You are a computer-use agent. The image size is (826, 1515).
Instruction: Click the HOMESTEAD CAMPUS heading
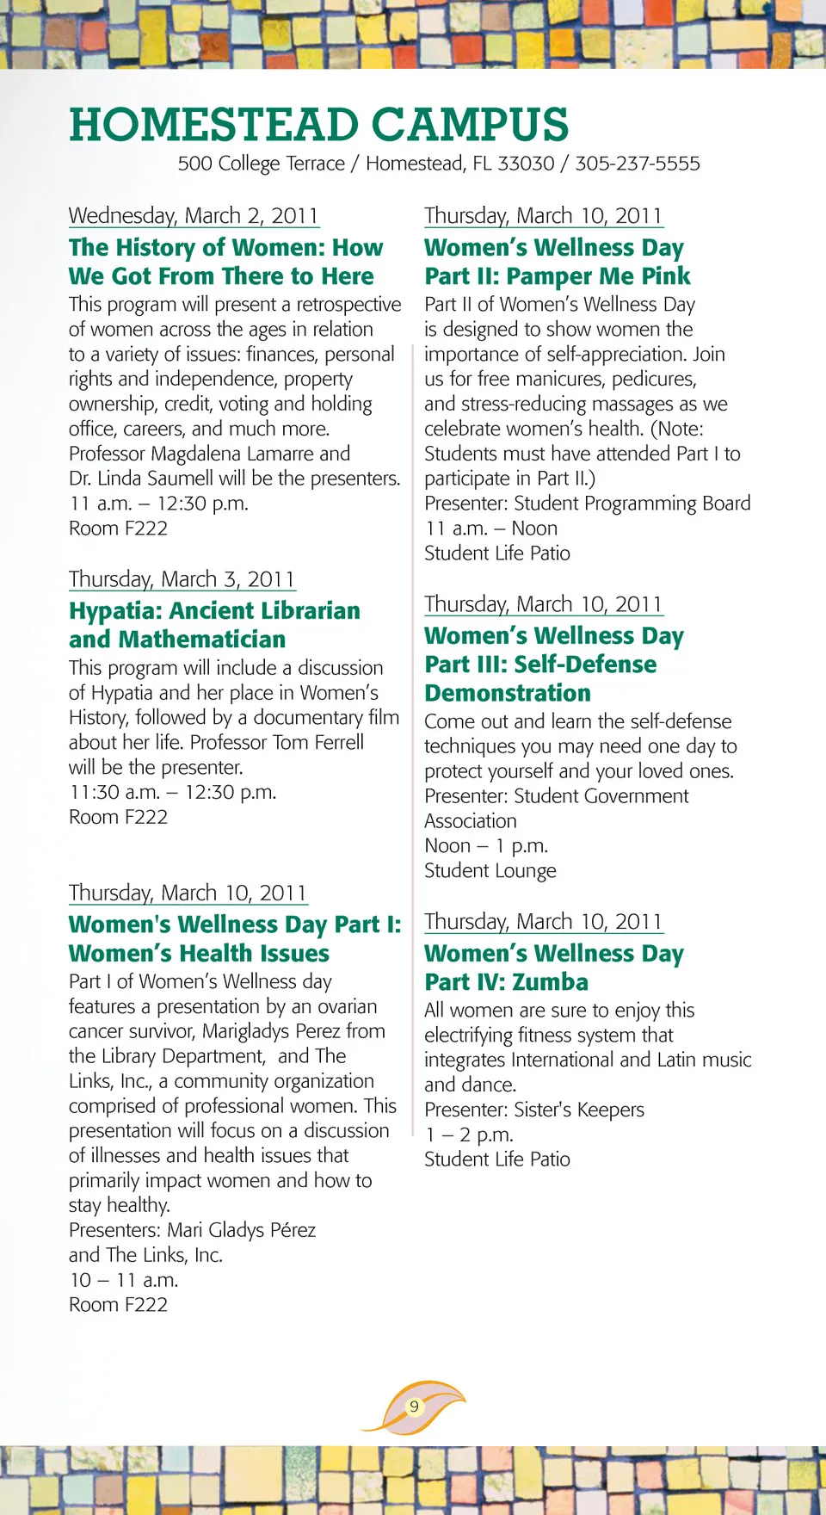(x=318, y=125)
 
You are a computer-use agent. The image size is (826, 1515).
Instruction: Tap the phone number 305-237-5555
(x=638, y=164)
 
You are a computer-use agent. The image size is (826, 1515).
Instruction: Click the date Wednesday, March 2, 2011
(x=194, y=215)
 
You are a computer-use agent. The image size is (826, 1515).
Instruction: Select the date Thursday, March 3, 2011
(x=182, y=579)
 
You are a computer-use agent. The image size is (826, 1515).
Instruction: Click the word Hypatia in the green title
(x=116, y=611)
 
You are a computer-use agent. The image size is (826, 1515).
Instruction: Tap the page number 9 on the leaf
(x=414, y=1407)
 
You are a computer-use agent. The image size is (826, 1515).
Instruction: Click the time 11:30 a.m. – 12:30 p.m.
(x=173, y=792)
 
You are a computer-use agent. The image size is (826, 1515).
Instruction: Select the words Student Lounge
(x=490, y=871)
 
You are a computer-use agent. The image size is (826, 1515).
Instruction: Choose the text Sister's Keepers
(x=579, y=1110)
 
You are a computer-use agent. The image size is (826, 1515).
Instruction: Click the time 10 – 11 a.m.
(x=124, y=1280)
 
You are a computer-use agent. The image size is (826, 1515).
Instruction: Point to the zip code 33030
(x=526, y=164)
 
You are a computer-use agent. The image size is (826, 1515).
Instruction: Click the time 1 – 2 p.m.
(x=469, y=1135)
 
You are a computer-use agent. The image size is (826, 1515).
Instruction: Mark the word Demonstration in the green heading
(x=508, y=693)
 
